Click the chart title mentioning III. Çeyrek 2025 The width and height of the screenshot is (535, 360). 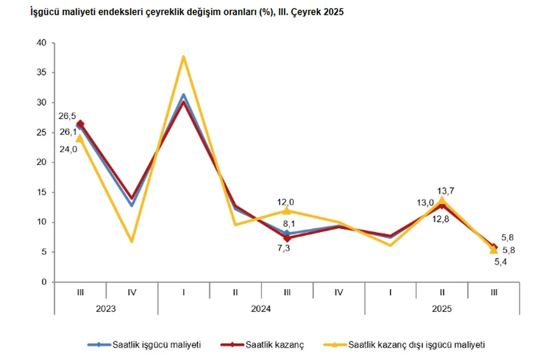[187, 13]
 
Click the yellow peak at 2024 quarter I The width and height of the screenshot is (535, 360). [183, 57]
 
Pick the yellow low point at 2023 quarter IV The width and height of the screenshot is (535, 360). [132, 241]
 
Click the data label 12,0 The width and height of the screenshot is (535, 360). [287, 202]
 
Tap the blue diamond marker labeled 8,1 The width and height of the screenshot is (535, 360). [287, 233]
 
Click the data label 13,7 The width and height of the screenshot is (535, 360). [446, 191]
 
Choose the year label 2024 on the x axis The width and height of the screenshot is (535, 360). [261, 309]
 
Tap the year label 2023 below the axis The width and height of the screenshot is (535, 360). [106, 309]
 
